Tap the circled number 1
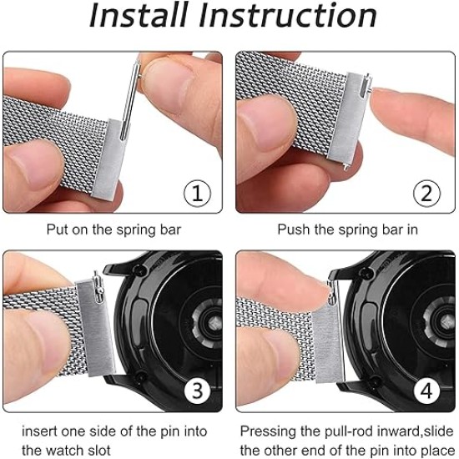[197, 194]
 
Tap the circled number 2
[426, 194]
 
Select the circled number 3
[197, 391]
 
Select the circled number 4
[426, 391]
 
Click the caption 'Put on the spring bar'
[113, 229]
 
